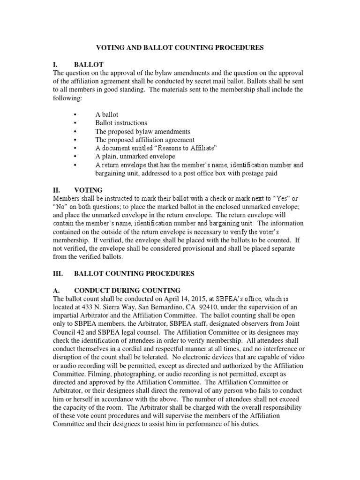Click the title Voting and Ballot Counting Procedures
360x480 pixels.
point(180,47)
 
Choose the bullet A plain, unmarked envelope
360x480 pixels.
point(135,157)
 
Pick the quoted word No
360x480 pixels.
point(60,207)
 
